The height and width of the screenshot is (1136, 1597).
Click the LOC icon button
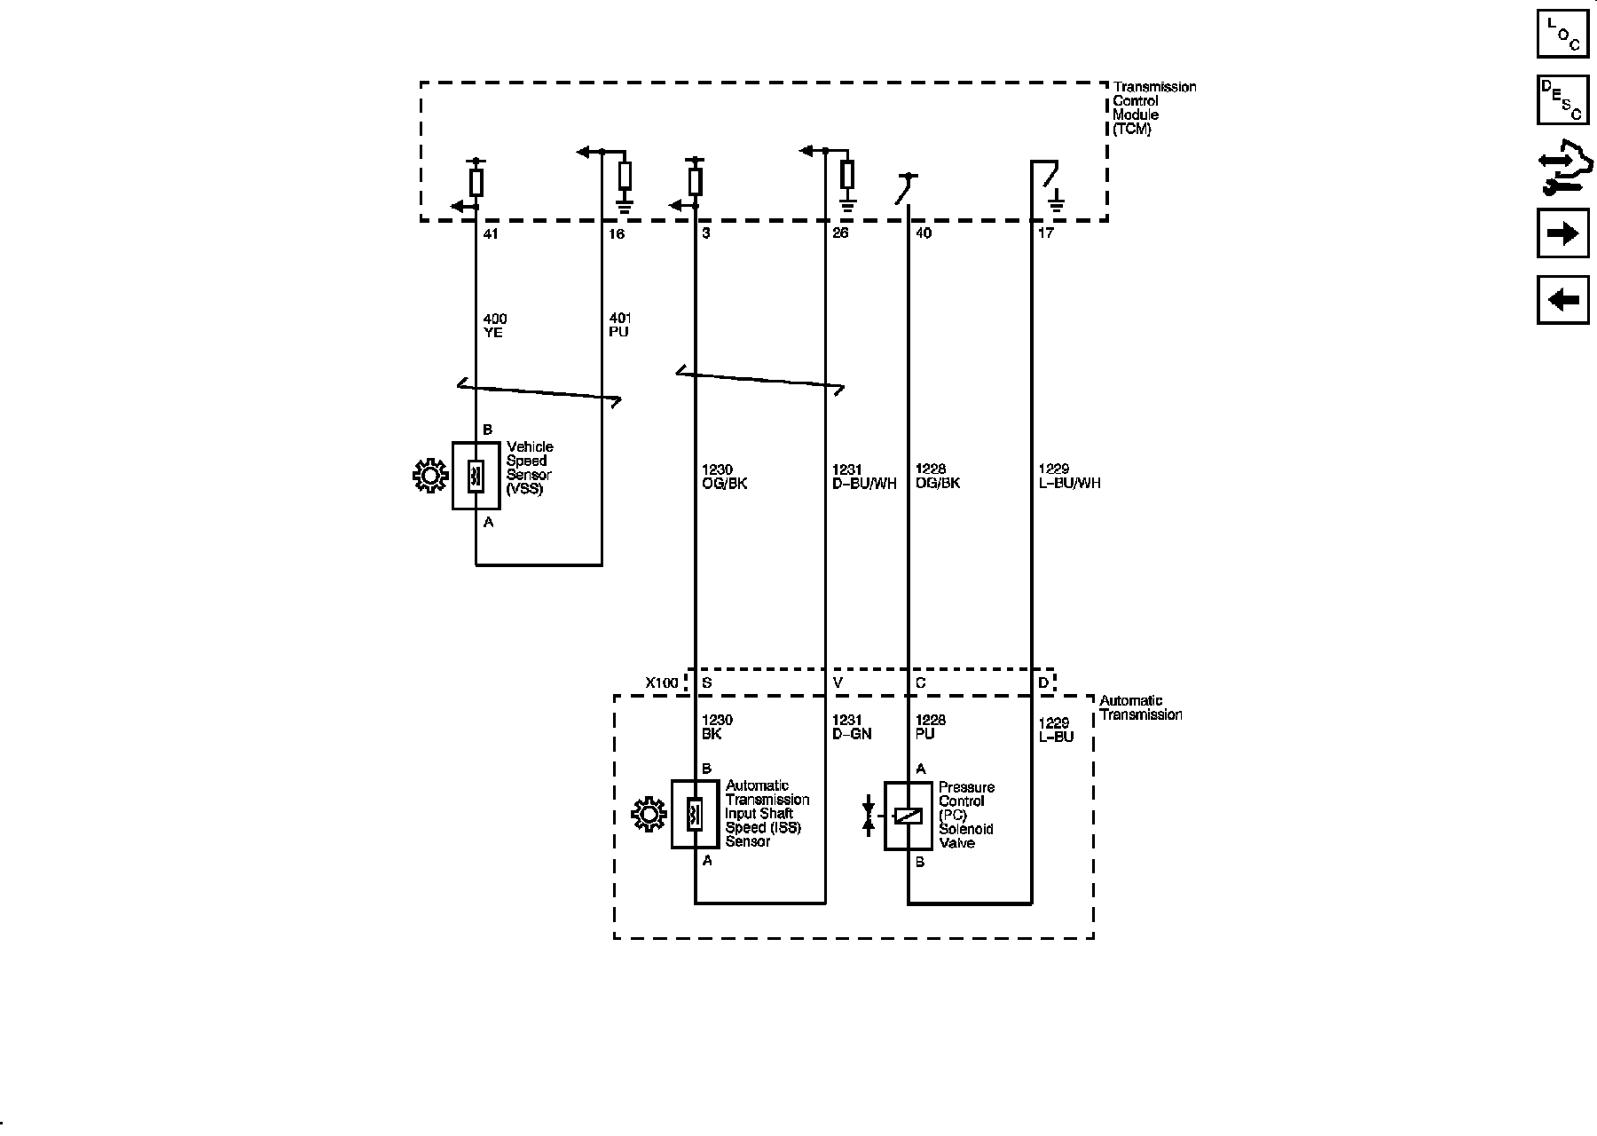tap(1562, 34)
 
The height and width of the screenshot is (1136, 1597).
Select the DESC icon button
tap(1562, 99)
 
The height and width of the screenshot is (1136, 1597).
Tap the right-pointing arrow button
tap(1562, 233)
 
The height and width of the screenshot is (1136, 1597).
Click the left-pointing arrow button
tap(1562, 300)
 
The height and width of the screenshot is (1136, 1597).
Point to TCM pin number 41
tap(491, 234)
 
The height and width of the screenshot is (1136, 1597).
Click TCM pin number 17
tap(1045, 234)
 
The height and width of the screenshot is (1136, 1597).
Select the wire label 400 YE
tap(495, 326)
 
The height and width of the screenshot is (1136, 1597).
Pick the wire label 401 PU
tap(619, 326)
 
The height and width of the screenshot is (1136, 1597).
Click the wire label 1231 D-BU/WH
tap(863, 477)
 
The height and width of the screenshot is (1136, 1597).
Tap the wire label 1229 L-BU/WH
tap(1068, 477)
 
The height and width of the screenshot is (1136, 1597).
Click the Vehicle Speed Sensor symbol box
tap(476, 476)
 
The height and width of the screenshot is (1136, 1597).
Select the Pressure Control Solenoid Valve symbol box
tap(908, 816)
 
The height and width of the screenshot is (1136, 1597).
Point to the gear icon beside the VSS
tap(430, 477)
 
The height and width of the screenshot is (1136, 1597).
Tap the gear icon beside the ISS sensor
tap(649, 815)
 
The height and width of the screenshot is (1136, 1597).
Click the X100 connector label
tap(661, 683)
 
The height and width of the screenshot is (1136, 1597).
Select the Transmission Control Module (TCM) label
tap(1153, 107)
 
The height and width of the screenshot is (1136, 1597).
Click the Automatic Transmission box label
tap(1140, 708)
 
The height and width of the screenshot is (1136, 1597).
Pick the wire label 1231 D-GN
tap(851, 728)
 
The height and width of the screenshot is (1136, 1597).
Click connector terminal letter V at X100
tap(838, 683)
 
